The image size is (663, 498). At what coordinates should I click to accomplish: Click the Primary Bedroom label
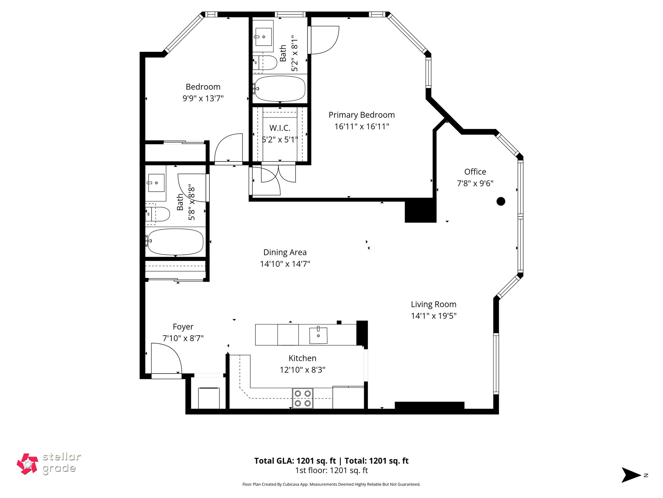click(x=361, y=115)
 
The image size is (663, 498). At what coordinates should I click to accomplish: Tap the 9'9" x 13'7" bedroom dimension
click(x=203, y=98)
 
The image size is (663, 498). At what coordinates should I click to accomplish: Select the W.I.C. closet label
click(x=280, y=128)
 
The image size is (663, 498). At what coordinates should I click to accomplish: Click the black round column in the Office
click(x=500, y=201)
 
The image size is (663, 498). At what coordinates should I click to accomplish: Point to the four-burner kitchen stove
click(x=302, y=398)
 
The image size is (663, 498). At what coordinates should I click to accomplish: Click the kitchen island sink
click(x=318, y=335)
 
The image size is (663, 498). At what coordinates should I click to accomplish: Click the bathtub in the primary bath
click(x=280, y=89)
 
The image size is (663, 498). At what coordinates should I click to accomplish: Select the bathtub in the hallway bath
click(x=175, y=242)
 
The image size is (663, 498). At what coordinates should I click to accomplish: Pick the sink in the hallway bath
click(x=156, y=183)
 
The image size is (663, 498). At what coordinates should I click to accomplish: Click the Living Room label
click(x=433, y=304)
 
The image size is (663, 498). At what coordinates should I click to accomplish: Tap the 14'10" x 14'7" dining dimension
click(x=285, y=264)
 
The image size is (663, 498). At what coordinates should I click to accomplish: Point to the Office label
click(x=475, y=172)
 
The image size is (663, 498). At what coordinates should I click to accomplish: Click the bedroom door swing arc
click(x=228, y=148)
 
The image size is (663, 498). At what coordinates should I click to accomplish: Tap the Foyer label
click(x=183, y=326)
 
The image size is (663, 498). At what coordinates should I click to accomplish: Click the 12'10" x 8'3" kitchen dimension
click(x=302, y=370)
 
